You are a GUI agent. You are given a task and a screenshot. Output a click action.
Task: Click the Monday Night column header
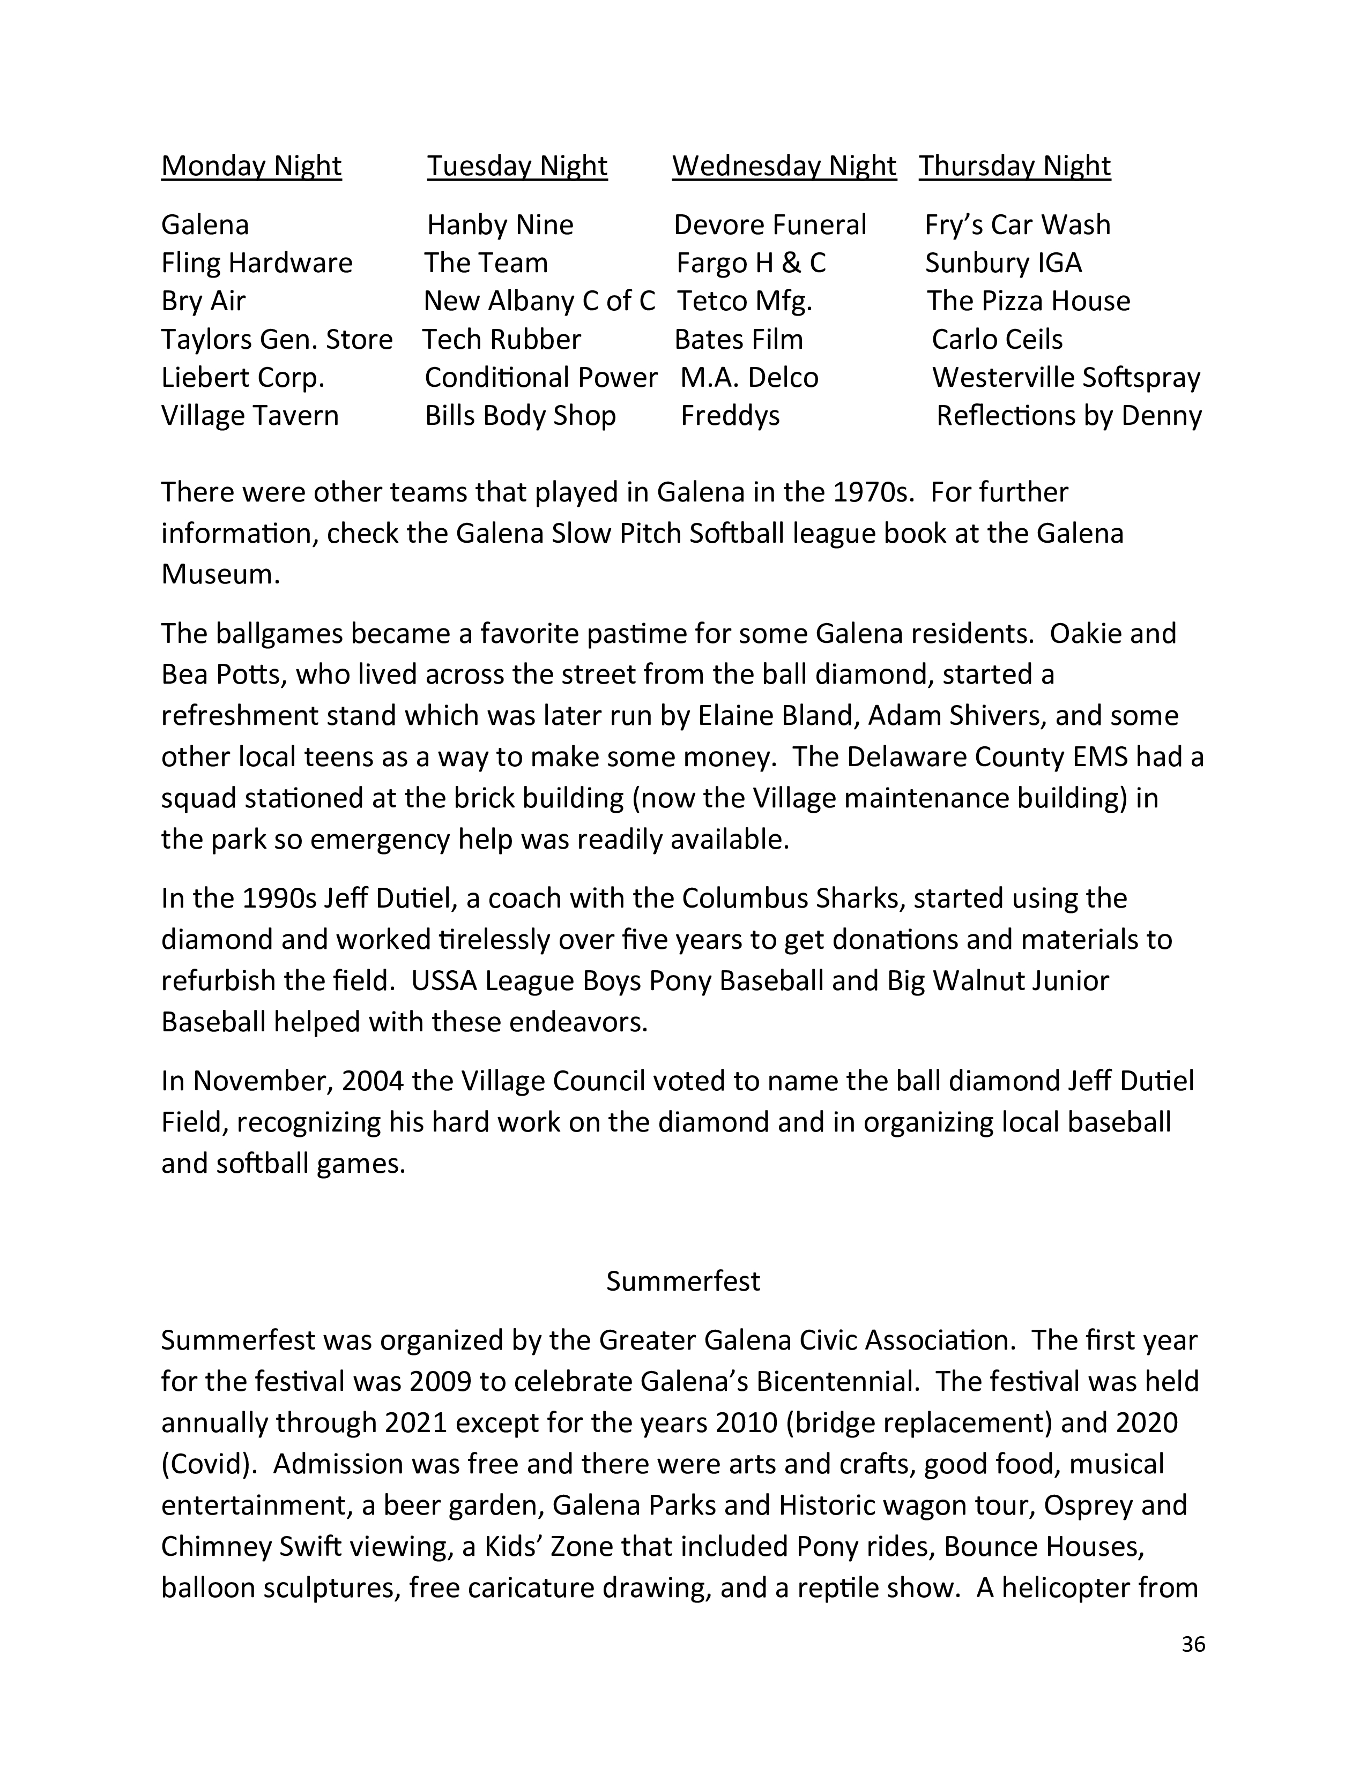[x=251, y=166]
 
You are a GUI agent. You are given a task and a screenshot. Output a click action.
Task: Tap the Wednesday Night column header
[x=784, y=166]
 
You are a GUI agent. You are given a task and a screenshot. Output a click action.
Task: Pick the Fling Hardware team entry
[x=257, y=263]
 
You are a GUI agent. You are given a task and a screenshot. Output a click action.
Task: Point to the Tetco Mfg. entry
[x=744, y=301]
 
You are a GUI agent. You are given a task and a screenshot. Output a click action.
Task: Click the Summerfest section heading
[x=682, y=1280]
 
